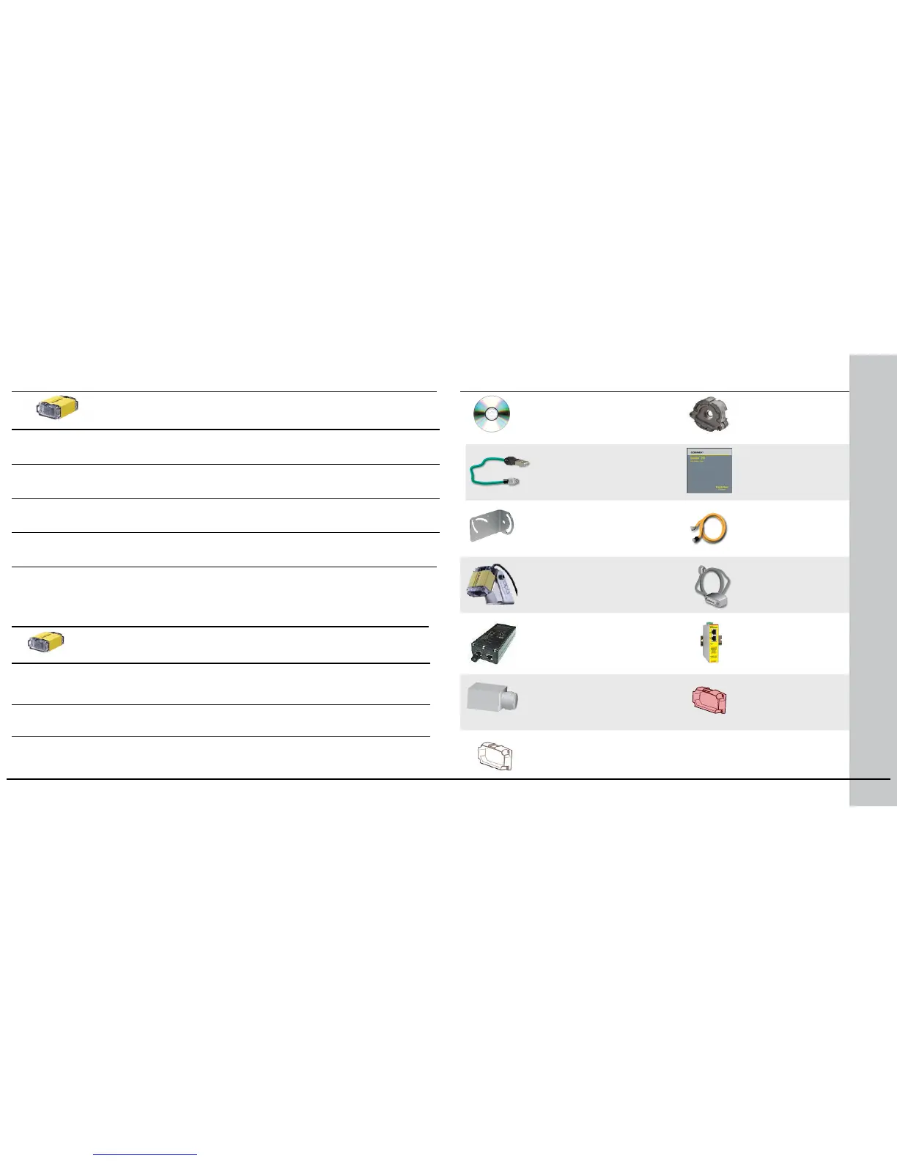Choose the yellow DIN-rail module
click(x=709, y=642)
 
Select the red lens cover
click(x=709, y=700)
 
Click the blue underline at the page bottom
click(x=146, y=1155)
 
